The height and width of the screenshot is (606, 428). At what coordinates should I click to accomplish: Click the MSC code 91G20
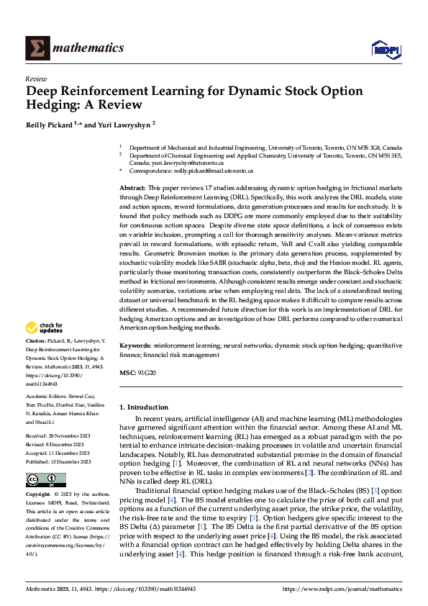[x=147, y=373]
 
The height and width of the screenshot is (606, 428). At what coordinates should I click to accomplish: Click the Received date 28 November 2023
[x=65, y=436]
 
